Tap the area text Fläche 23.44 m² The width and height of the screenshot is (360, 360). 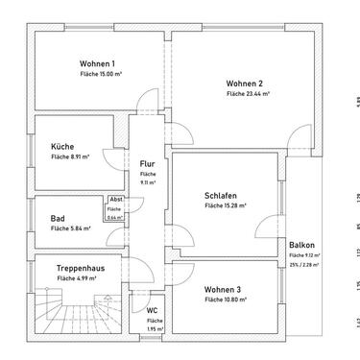[x=248, y=95]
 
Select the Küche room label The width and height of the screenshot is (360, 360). [x=62, y=146]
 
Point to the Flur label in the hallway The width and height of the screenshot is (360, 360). [x=147, y=164]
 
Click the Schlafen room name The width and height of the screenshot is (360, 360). [x=221, y=194]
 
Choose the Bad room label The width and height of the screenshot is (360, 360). [x=58, y=218]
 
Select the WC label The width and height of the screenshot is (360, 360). [x=152, y=310]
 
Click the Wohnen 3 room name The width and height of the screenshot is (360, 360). [x=223, y=289]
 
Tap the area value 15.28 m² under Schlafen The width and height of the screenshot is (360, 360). [x=226, y=205]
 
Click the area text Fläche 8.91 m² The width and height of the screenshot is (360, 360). [x=70, y=157]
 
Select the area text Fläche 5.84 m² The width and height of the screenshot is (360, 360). [x=70, y=229]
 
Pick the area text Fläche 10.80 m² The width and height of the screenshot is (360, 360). [x=226, y=300]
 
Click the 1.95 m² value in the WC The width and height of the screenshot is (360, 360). [x=152, y=329]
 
